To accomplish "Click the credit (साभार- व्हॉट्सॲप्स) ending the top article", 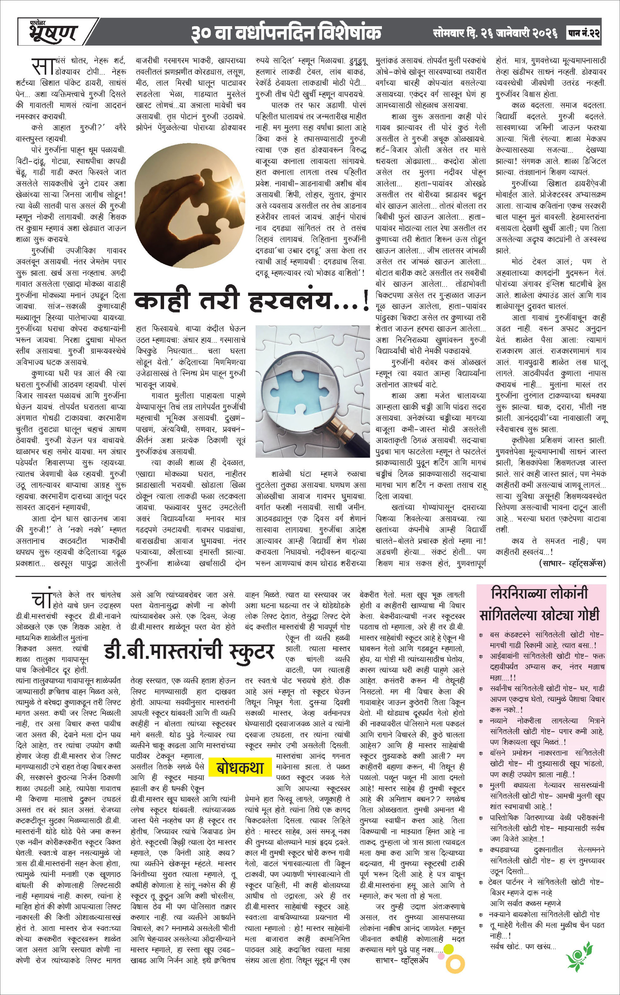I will click(572, 564).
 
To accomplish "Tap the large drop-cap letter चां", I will click(42, 599).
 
